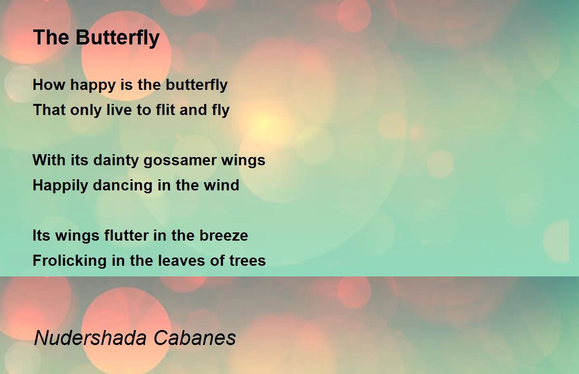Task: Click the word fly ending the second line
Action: tap(219, 111)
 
